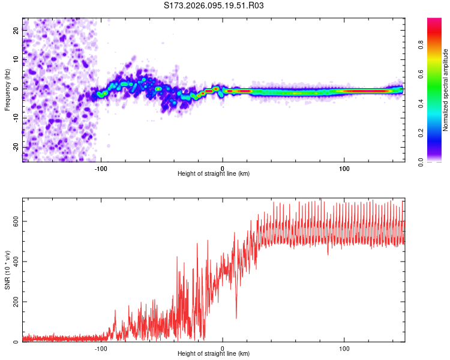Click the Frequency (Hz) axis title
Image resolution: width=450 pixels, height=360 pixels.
[x=7, y=89]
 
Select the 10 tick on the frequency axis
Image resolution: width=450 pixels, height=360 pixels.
[x=16, y=60]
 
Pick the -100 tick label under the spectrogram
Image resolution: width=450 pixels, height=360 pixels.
[x=101, y=167]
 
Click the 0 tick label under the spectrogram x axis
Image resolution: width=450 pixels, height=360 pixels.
[x=223, y=167]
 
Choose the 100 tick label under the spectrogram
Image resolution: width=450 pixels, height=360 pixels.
[x=344, y=167]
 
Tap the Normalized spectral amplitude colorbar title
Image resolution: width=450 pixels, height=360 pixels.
[x=446, y=89]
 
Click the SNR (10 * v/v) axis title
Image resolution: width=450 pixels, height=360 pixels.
[x=7, y=269]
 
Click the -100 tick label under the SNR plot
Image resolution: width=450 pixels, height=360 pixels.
[x=101, y=348]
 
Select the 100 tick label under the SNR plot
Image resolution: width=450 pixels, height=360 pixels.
[x=344, y=348]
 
